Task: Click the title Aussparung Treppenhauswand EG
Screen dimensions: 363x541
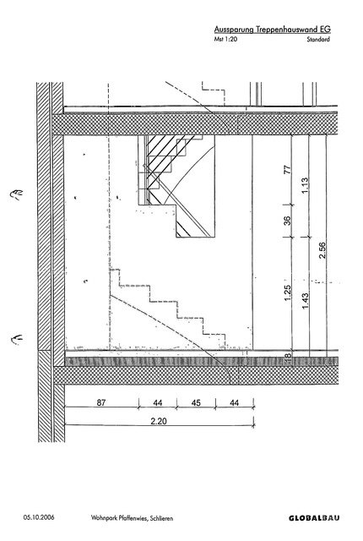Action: click(272, 30)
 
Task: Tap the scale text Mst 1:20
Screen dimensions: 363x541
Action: click(225, 39)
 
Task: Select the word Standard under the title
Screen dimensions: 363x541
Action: click(318, 39)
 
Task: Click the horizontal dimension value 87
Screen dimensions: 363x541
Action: click(101, 402)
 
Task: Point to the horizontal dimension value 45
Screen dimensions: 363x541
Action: click(196, 402)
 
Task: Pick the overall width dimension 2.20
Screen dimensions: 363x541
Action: click(159, 421)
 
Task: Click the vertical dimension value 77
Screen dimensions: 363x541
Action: click(288, 169)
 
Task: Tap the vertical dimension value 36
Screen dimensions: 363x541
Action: click(288, 220)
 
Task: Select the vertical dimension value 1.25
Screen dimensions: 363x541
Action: click(288, 292)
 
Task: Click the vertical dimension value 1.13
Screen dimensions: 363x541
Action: click(305, 185)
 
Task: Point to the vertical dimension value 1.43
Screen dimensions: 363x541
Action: click(305, 301)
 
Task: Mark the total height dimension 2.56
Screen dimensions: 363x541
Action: click(322, 250)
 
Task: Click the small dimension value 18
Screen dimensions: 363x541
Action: click(288, 355)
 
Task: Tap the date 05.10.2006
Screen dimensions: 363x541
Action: click(39, 517)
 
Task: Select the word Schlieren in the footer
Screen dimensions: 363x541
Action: click(161, 518)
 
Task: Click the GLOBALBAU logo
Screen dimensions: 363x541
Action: click(314, 518)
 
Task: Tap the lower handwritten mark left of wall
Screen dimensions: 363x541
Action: click(17, 339)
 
